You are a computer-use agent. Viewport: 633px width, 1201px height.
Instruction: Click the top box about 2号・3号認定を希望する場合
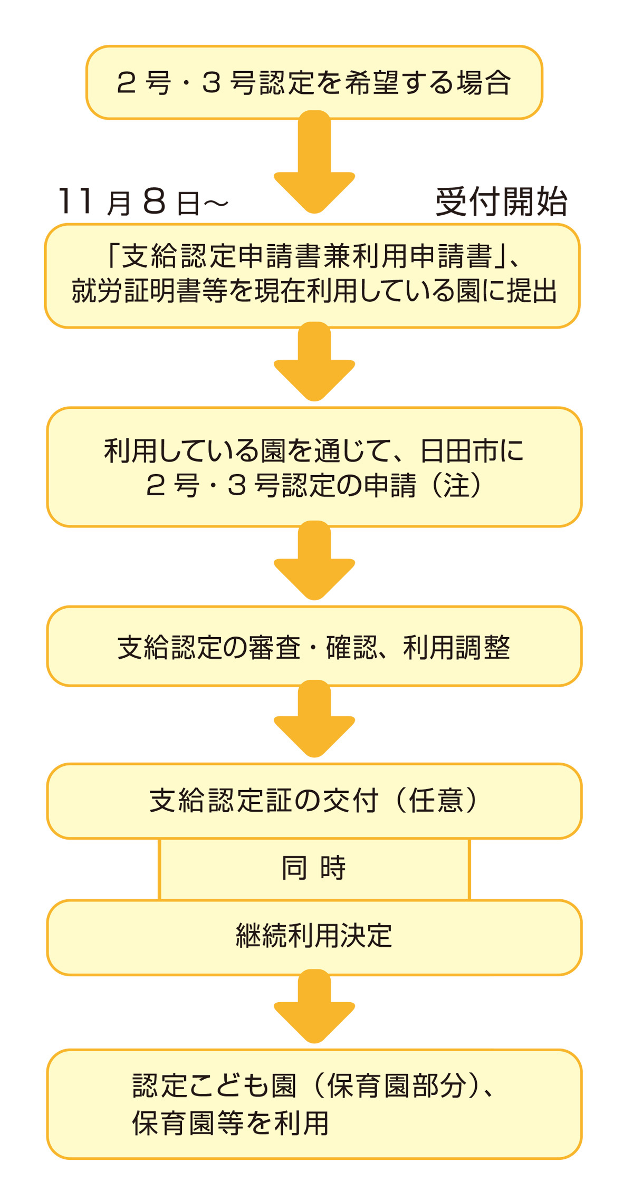(314, 82)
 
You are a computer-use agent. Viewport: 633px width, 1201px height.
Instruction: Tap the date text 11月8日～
(142, 202)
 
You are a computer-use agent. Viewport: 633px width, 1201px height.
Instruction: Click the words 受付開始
(501, 202)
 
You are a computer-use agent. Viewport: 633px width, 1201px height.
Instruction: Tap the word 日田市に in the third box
(472, 451)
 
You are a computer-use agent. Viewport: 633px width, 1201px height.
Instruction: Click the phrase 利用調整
(457, 647)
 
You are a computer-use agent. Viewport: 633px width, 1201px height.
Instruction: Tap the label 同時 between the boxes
(313, 868)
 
